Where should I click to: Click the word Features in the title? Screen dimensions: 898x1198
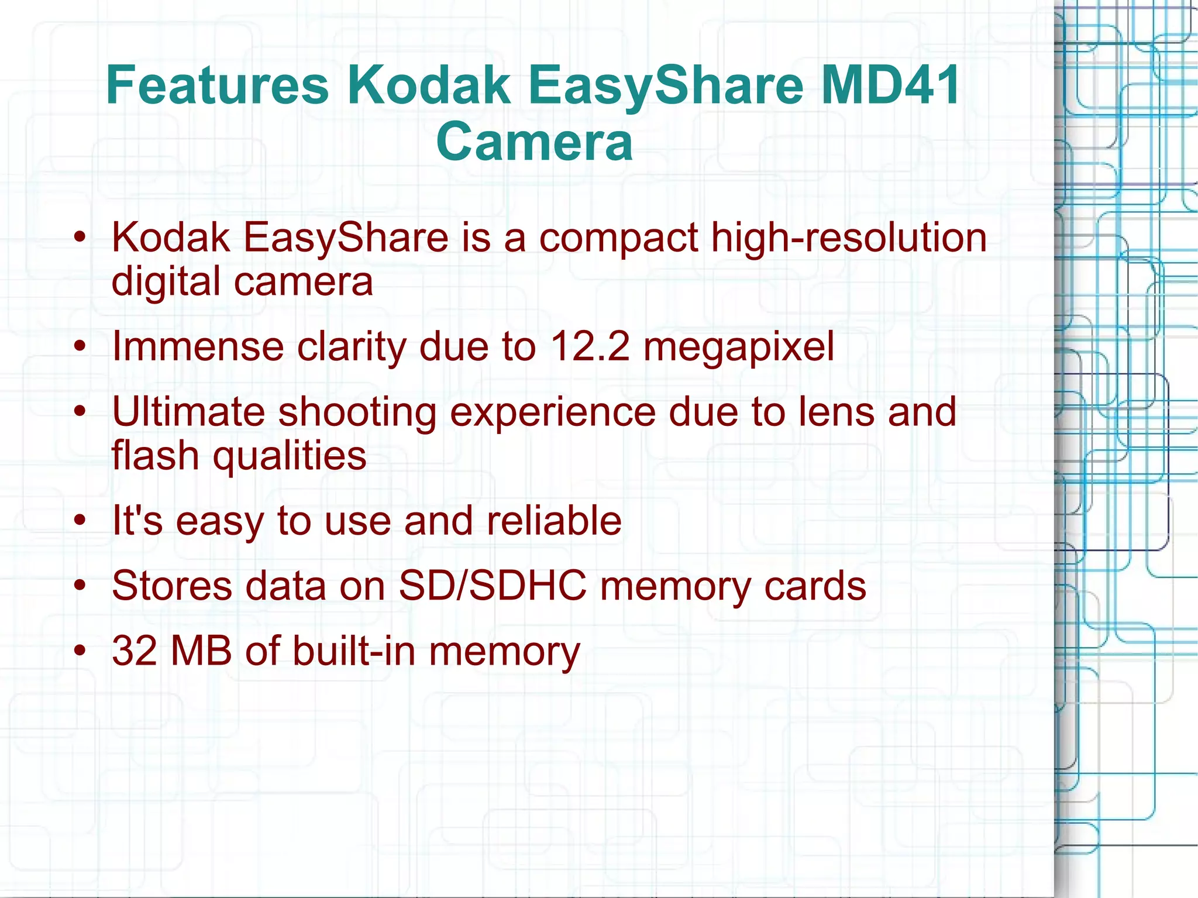tap(217, 85)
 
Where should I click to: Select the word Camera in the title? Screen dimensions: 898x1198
tap(534, 142)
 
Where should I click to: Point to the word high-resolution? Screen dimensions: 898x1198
tap(849, 238)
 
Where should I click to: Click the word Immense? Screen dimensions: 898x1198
tap(198, 346)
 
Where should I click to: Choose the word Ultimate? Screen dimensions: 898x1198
tap(188, 412)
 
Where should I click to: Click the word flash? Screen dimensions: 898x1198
tap(156, 455)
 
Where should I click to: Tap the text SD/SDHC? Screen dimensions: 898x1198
tap(493, 586)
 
